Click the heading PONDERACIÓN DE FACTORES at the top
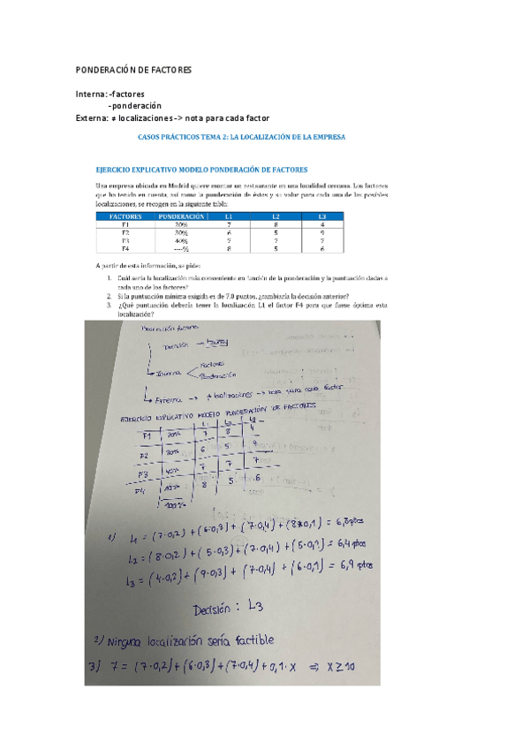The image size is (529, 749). point(132,70)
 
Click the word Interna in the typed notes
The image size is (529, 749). point(91,94)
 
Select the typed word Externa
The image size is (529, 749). point(93,117)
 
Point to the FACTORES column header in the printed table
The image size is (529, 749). point(125,216)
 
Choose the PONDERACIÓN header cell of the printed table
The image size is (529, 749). point(183,216)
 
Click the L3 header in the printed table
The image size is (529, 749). point(321,216)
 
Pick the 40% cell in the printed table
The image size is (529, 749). point(181,239)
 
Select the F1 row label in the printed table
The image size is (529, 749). point(125,223)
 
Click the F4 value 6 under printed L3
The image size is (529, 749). point(321,248)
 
